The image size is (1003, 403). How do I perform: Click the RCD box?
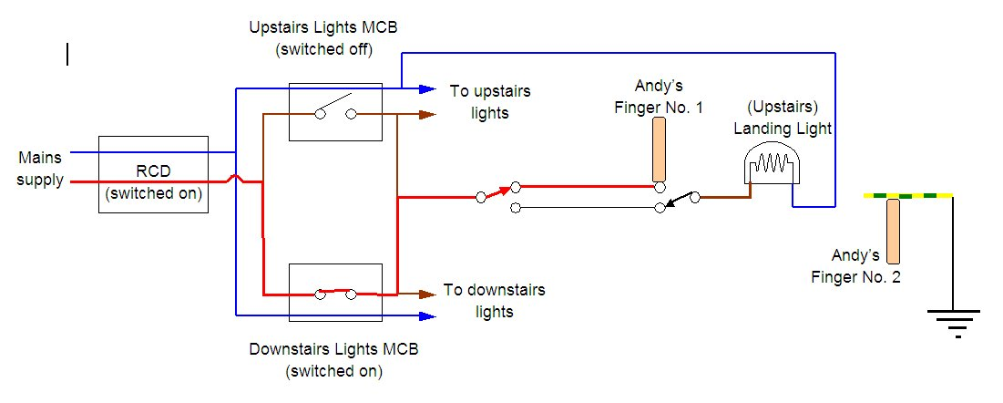pyautogui.click(x=153, y=175)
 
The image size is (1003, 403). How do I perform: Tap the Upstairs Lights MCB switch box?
pyautogui.click(x=335, y=112)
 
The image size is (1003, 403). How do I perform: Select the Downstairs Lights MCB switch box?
pyautogui.click(x=335, y=293)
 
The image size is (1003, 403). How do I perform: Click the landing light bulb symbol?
pyautogui.click(x=770, y=169)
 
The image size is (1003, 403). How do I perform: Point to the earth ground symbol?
pyautogui.click(x=953, y=321)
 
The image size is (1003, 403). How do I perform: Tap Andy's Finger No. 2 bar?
pyautogui.click(x=893, y=231)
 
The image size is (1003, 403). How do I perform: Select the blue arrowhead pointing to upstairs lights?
pyautogui.click(x=427, y=88)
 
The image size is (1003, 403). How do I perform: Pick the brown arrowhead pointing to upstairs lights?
pyautogui.click(x=427, y=115)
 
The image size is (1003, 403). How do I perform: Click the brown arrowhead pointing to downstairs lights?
pyautogui.click(x=427, y=294)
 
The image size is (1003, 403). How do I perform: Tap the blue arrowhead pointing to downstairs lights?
pyautogui.click(x=427, y=315)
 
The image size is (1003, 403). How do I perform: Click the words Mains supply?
pyautogui.click(x=41, y=169)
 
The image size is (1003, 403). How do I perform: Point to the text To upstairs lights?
pyautogui.click(x=490, y=102)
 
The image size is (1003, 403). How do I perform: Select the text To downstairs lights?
pyautogui.click(x=494, y=301)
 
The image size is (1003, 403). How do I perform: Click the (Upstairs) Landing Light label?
pyautogui.click(x=783, y=119)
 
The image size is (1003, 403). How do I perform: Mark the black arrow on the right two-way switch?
pyautogui.click(x=676, y=201)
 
